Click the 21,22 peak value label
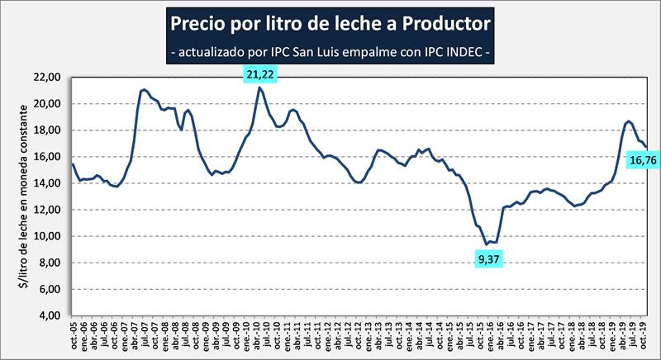pyautogui.click(x=260, y=75)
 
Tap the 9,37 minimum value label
pyautogui.click(x=490, y=260)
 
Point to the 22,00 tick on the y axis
pyautogui.click(x=50, y=78)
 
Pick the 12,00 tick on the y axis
pyautogui.click(x=50, y=210)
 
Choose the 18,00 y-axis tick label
pyautogui.click(x=50, y=130)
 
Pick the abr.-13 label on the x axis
pyautogui.click(x=383, y=338)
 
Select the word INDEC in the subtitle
pyautogui.click(x=459, y=50)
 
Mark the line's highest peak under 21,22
pyautogui.click(x=260, y=88)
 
